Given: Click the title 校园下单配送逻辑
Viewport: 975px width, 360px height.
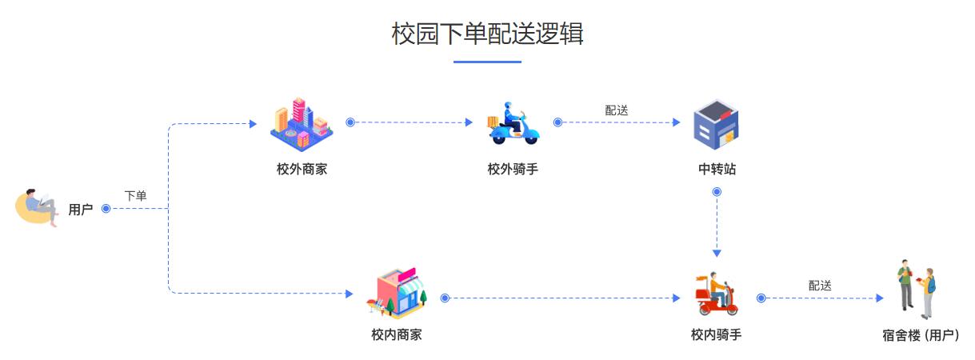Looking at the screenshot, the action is (x=488, y=34).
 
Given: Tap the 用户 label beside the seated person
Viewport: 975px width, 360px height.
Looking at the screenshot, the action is (x=81, y=210).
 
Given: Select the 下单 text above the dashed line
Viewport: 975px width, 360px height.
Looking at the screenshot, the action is (x=135, y=196).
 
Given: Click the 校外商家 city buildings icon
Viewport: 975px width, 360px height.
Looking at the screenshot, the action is (x=302, y=124).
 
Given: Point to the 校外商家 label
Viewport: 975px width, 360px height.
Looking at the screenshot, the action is (x=302, y=169).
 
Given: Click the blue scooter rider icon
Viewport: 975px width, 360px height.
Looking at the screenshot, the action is (x=513, y=123).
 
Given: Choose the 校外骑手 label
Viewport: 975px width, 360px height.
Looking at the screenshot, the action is (x=513, y=169).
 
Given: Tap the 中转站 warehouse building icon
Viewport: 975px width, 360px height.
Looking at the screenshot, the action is (x=716, y=125).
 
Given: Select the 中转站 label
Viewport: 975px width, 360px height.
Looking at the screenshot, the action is (x=717, y=169).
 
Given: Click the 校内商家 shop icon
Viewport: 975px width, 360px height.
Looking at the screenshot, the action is (x=397, y=291).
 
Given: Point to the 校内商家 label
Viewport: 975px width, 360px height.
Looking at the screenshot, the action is (x=397, y=334).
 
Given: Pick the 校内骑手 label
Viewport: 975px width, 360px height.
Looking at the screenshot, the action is (x=716, y=334).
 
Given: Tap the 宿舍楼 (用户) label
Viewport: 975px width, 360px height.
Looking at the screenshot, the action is (x=921, y=335).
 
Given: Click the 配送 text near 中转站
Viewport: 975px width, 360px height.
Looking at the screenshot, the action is (x=617, y=110).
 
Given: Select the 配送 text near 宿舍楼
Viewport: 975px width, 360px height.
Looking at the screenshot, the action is (x=820, y=286).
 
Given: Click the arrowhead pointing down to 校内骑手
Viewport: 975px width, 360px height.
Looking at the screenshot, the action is (x=717, y=254).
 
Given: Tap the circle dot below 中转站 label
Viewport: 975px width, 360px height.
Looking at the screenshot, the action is (x=717, y=192).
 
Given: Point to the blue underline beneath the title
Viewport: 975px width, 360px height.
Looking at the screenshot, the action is (x=488, y=62).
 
